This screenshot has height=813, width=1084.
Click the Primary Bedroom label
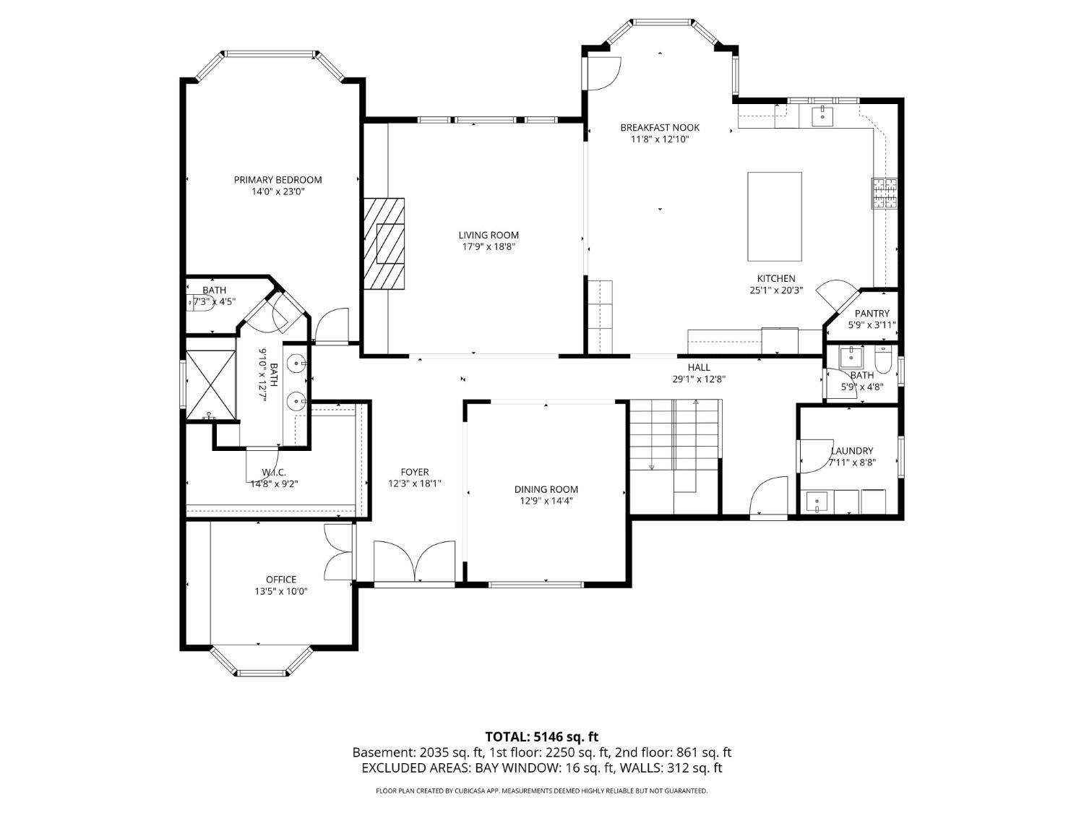point(278,180)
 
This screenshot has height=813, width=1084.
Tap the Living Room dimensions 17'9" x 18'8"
point(489,247)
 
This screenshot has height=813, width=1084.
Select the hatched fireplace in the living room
point(384,244)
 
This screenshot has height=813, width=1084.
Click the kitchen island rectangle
point(774,216)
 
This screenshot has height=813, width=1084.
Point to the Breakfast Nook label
point(660,128)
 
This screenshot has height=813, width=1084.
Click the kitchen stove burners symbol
point(885,194)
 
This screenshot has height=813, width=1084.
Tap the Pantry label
point(872,314)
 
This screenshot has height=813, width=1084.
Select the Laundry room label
point(851,451)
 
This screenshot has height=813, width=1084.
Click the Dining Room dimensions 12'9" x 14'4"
point(546,501)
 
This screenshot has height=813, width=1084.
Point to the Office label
point(280,580)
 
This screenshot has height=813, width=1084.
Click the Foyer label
point(415,472)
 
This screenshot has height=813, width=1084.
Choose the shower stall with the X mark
point(211,385)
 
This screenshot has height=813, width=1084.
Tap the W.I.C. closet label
point(274,473)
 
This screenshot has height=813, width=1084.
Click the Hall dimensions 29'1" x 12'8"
point(698,379)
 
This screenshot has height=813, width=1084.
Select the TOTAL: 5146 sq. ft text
point(541,737)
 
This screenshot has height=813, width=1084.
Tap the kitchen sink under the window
point(822,115)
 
